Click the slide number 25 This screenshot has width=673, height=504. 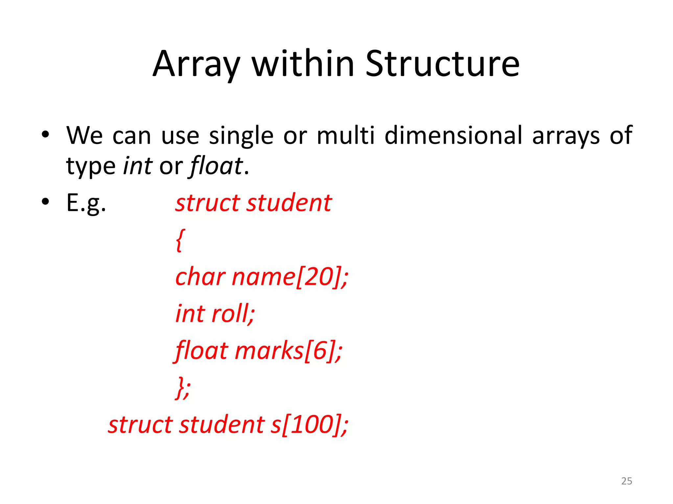627,481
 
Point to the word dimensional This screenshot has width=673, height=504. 453,135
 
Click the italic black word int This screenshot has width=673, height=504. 137,166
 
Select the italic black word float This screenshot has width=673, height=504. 216,166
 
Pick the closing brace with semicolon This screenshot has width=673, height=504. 183,388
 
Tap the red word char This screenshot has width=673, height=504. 200,277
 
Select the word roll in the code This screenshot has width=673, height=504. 232,314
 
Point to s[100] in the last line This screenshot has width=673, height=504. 309,425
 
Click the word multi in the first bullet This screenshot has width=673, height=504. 346,135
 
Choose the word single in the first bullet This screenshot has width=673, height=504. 241,136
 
